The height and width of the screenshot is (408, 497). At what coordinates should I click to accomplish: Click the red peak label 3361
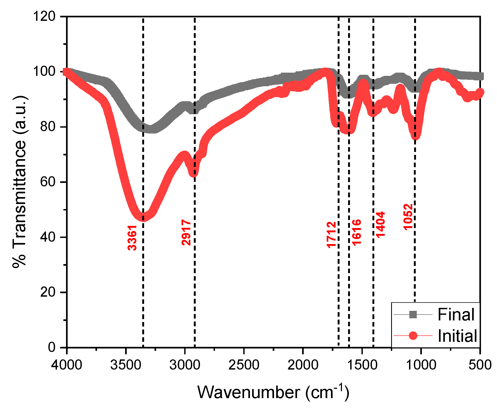(x=132, y=238)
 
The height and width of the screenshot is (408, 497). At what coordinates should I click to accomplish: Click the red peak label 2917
(x=186, y=232)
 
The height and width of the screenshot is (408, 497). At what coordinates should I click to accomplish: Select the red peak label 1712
(x=332, y=235)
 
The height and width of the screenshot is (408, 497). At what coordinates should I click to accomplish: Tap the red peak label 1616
(x=357, y=232)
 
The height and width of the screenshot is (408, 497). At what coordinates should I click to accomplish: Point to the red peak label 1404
(x=380, y=224)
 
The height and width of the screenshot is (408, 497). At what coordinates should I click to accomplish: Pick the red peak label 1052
(x=408, y=217)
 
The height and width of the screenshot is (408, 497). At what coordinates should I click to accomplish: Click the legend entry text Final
(x=456, y=315)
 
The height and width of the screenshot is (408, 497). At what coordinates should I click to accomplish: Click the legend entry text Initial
(x=457, y=336)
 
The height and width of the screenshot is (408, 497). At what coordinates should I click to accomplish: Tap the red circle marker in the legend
(x=413, y=336)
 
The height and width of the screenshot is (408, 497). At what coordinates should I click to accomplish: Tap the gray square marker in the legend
(x=413, y=315)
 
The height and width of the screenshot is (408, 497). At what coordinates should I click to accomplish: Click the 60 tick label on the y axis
(x=48, y=182)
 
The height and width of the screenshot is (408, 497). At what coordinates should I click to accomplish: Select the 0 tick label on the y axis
(x=51, y=347)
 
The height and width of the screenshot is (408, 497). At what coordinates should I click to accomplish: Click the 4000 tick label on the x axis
(x=67, y=365)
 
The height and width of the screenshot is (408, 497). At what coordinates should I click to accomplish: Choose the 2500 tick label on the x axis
(x=244, y=365)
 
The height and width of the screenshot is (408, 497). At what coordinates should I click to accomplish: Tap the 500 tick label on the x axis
(x=480, y=365)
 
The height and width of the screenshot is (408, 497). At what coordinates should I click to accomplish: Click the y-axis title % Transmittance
(x=20, y=182)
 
